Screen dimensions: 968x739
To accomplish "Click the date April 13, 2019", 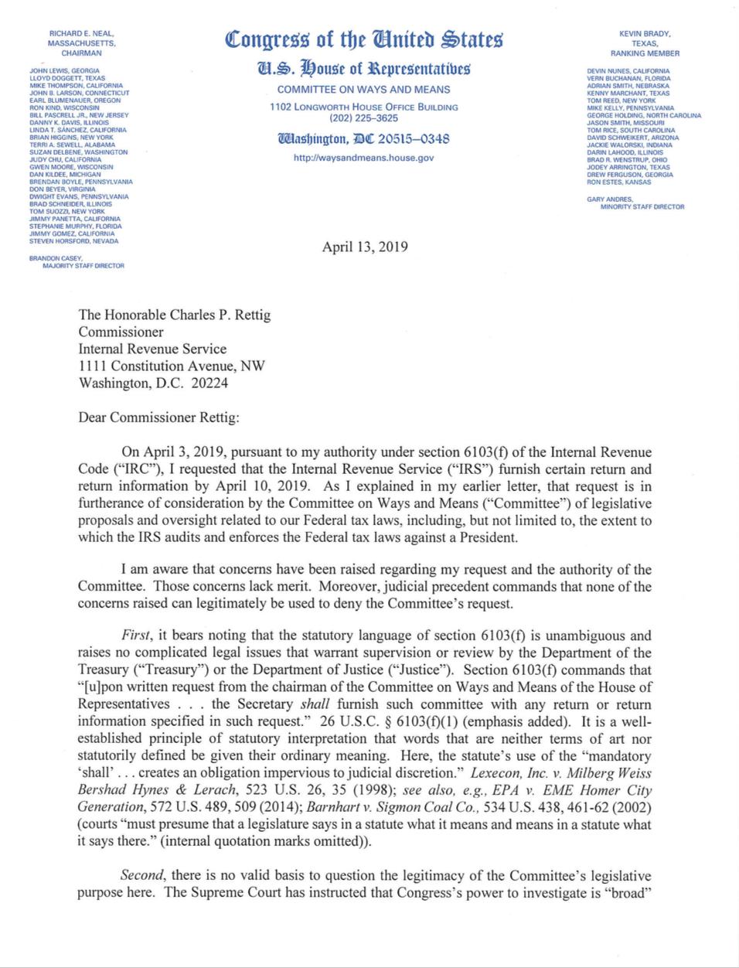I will coord(365,247).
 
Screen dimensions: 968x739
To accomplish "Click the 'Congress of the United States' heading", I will coord(363,39).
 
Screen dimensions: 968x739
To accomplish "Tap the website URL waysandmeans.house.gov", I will coord(363,158).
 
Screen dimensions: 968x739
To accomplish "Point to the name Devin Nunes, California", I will coord(628,71).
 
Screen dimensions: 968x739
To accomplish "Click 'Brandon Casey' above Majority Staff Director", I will coord(55,258).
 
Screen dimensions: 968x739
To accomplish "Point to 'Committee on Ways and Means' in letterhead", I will coord(363,90).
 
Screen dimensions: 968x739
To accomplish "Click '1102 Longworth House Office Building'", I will coord(363,107).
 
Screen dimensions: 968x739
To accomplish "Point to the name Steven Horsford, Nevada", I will coord(73,240).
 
